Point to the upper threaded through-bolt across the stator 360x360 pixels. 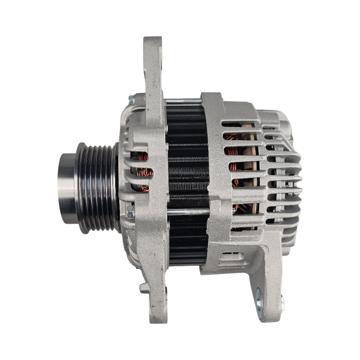tap(184, 102)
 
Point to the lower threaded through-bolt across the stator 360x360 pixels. tap(188, 212)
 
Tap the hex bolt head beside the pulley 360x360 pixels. tap(130, 214)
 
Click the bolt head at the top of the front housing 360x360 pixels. tap(131, 98)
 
